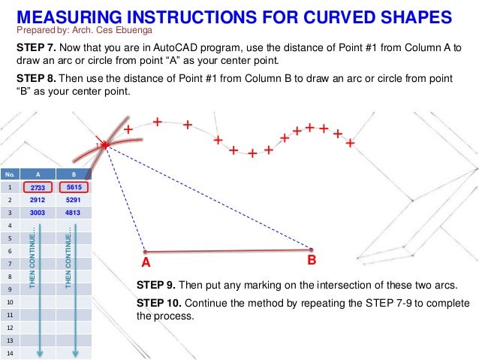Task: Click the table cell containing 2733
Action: [x=38, y=187]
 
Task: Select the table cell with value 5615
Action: [x=74, y=187]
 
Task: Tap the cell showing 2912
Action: [x=38, y=201]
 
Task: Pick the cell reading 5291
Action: [x=74, y=201]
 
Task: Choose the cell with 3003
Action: [x=38, y=213]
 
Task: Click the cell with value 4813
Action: [x=74, y=213]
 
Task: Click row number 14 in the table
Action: [x=10, y=352]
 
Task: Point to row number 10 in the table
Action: [x=10, y=302]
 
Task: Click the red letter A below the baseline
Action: [x=146, y=263]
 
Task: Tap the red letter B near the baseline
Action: [x=312, y=261]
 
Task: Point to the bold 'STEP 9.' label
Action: [x=156, y=286]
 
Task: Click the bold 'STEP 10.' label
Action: [x=159, y=304]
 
